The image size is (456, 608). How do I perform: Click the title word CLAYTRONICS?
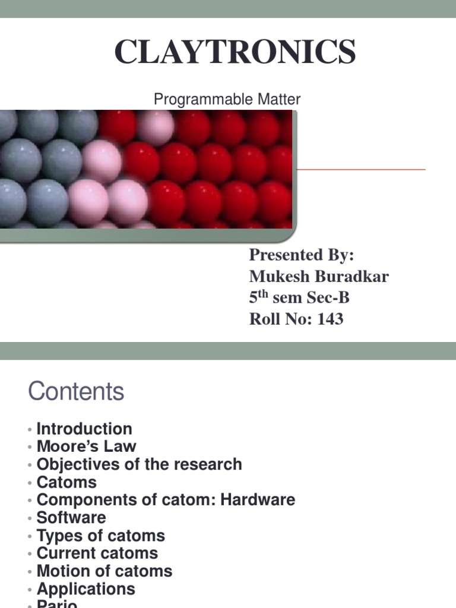tap(235, 52)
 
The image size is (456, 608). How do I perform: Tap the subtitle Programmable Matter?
tap(227, 100)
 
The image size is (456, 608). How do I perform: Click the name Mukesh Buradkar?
tap(319, 277)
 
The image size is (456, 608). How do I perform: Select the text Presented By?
tap(301, 255)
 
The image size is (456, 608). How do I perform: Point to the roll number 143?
tap(330, 319)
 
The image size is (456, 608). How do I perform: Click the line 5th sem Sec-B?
tap(303, 298)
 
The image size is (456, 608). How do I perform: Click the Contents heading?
tap(76, 392)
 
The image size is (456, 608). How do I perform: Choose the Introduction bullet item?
tap(84, 429)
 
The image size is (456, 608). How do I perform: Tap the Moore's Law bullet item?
tap(87, 446)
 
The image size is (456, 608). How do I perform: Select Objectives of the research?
tap(140, 464)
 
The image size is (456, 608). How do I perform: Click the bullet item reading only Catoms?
tap(66, 482)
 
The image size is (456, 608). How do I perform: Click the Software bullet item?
tap(71, 518)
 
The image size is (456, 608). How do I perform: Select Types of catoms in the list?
tap(101, 536)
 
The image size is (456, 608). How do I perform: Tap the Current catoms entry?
tap(97, 553)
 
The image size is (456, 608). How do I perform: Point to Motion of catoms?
tap(104, 571)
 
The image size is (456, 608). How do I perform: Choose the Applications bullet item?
tap(86, 589)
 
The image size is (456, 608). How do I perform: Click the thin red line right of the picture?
tap(361, 169)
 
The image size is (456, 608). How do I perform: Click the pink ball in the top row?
tap(156, 126)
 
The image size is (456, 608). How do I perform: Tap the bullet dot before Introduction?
tap(29, 430)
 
